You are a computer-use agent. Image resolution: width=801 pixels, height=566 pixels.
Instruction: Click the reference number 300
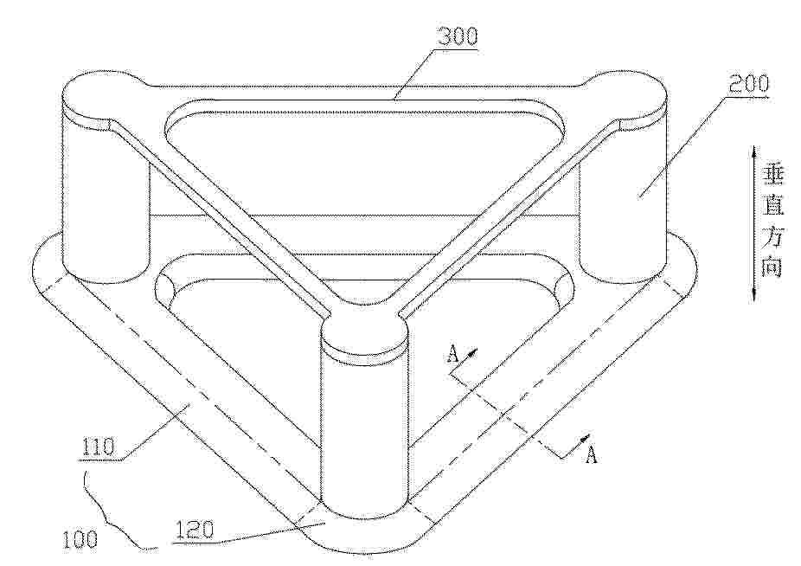458,37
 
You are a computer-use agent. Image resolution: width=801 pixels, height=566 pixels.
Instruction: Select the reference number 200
748,83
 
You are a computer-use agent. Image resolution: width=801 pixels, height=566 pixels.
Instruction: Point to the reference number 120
195,531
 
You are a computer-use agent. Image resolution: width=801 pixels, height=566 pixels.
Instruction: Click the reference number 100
80,539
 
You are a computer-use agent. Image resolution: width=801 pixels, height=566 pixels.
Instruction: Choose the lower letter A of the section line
591,454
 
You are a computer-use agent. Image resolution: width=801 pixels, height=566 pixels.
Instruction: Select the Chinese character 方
772,235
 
